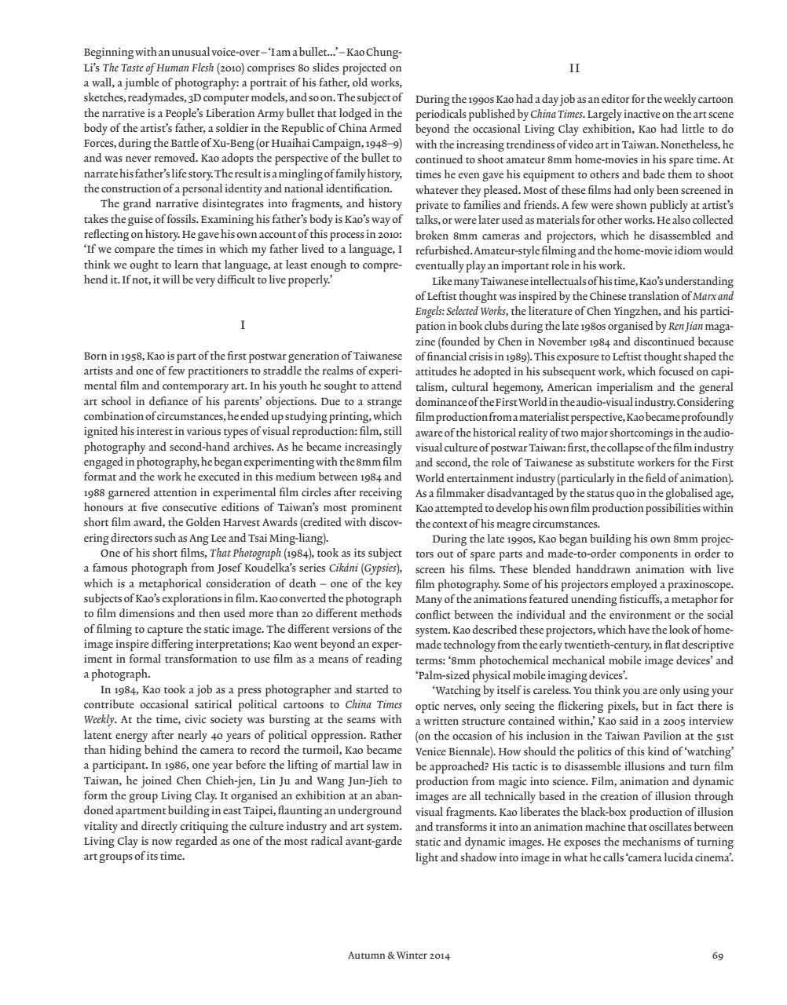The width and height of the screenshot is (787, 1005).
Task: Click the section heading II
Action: (x=574, y=68)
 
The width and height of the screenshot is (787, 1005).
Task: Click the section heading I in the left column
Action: (x=243, y=325)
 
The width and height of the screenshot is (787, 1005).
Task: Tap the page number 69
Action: (x=717, y=956)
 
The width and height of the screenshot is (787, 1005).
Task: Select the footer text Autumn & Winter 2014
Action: (x=399, y=956)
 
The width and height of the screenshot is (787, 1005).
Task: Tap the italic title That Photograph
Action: (x=245, y=553)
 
